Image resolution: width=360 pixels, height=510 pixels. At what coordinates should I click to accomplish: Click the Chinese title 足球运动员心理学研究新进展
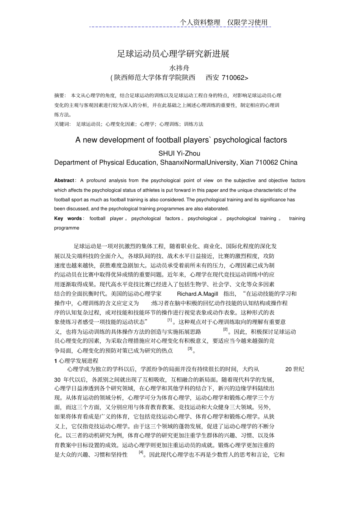[x=173, y=54]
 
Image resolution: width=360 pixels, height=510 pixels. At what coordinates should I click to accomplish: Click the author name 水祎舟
[x=179, y=68]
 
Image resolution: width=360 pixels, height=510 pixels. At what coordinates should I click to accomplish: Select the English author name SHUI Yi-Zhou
[x=179, y=153]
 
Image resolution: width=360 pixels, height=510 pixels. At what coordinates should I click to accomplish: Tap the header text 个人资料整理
[x=200, y=22]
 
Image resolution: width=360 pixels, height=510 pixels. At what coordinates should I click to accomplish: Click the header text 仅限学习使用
[x=247, y=22]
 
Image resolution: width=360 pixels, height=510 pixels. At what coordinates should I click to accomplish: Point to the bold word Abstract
[x=64, y=180]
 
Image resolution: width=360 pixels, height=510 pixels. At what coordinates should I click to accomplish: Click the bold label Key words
[x=68, y=218]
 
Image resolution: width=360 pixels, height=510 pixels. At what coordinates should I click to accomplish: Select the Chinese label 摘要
[x=59, y=96]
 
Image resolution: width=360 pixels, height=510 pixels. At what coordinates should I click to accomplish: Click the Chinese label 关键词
[x=62, y=124]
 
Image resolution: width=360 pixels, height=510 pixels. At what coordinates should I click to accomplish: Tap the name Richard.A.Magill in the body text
[x=197, y=294]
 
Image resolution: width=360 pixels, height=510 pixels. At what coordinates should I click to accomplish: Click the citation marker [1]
[x=170, y=320]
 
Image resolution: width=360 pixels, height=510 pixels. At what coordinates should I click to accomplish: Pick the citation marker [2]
[x=225, y=330]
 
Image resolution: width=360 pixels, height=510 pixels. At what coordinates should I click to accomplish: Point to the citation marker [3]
[x=190, y=348]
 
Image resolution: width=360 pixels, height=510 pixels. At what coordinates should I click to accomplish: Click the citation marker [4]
[x=141, y=452]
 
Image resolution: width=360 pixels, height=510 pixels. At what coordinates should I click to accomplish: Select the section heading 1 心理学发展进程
[x=76, y=361]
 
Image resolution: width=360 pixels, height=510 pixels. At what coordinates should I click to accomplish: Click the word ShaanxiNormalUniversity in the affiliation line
[x=198, y=163]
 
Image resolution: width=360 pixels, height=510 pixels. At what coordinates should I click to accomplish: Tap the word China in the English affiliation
[x=289, y=163]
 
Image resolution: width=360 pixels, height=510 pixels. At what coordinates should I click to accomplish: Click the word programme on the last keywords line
[x=67, y=228]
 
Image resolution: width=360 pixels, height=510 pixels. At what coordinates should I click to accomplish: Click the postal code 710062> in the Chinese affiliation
[x=235, y=78]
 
